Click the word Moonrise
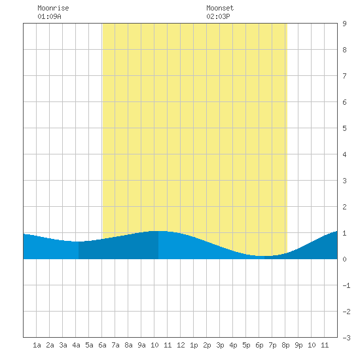pyautogui.click(x=53, y=8)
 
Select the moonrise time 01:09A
pyautogui.click(x=49, y=16)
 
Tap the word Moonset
pyautogui.click(x=220, y=8)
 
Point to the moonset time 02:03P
pyautogui.click(x=218, y=16)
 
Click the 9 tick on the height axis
pyautogui.click(x=344, y=24)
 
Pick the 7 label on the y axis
pyautogui.click(x=344, y=76)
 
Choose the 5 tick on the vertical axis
pyautogui.click(x=344, y=128)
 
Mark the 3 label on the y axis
pyautogui.click(x=344, y=181)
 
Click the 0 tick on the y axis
pyautogui.click(x=344, y=259)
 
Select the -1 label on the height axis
pyautogui.click(x=346, y=285)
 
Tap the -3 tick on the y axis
pyautogui.click(x=346, y=338)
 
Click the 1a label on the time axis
pyautogui.click(x=37, y=345)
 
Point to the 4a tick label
pyautogui.click(x=76, y=345)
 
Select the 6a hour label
pyautogui.click(x=102, y=345)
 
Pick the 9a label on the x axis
pyautogui.click(x=141, y=345)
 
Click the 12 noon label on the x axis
pyautogui.click(x=181, y=345)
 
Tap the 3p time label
pyautogui.click(x=220, y=345)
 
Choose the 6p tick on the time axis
pyautogui.click(x=259, y=345)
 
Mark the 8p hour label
pyautogui.click(x=285, y=345)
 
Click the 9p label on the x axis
pyautogui.click(x=298, y=345)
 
